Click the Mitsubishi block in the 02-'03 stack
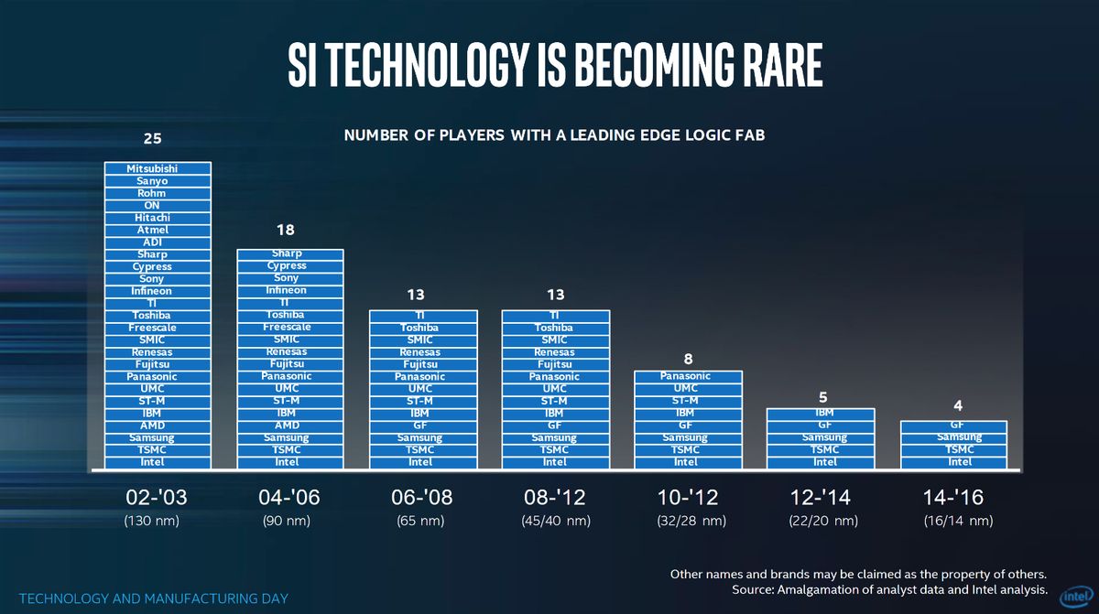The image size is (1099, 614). (x=157, y=168)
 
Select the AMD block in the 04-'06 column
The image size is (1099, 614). (x=290, y=425)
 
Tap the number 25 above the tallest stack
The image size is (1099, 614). (x=153, y=139)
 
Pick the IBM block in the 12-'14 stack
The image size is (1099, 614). (x=823, y=414)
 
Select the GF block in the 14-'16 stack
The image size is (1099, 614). (x=955, y=425)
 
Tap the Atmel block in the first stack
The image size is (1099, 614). (x=157, y=230)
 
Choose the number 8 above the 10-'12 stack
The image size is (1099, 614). (x=687, y=359)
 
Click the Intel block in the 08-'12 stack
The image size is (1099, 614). (x=554, y=462)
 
